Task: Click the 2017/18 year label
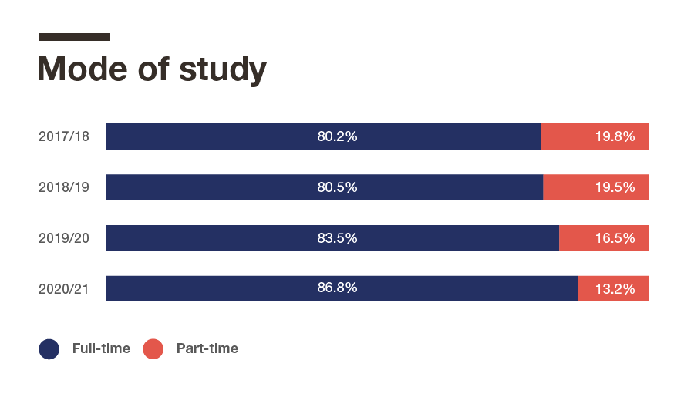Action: point(64,136)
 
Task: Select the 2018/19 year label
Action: point(64,187)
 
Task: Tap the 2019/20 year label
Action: point(64,238)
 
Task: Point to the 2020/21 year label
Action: point(64,289)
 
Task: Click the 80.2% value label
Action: point(337,136)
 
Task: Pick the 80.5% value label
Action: point(337,187)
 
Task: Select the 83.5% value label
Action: point(337,238)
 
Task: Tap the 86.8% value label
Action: point(337,288)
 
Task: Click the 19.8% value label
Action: point(615,136)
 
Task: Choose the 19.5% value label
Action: point(615,187)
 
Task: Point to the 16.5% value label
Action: point(615,238)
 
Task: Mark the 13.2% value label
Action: point(615,289)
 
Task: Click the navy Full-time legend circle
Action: point(49,348)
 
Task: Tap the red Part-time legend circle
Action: point(153,348)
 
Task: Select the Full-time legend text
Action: point(101,348)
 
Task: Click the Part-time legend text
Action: point(207,348)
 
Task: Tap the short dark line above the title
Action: point(74,37)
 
